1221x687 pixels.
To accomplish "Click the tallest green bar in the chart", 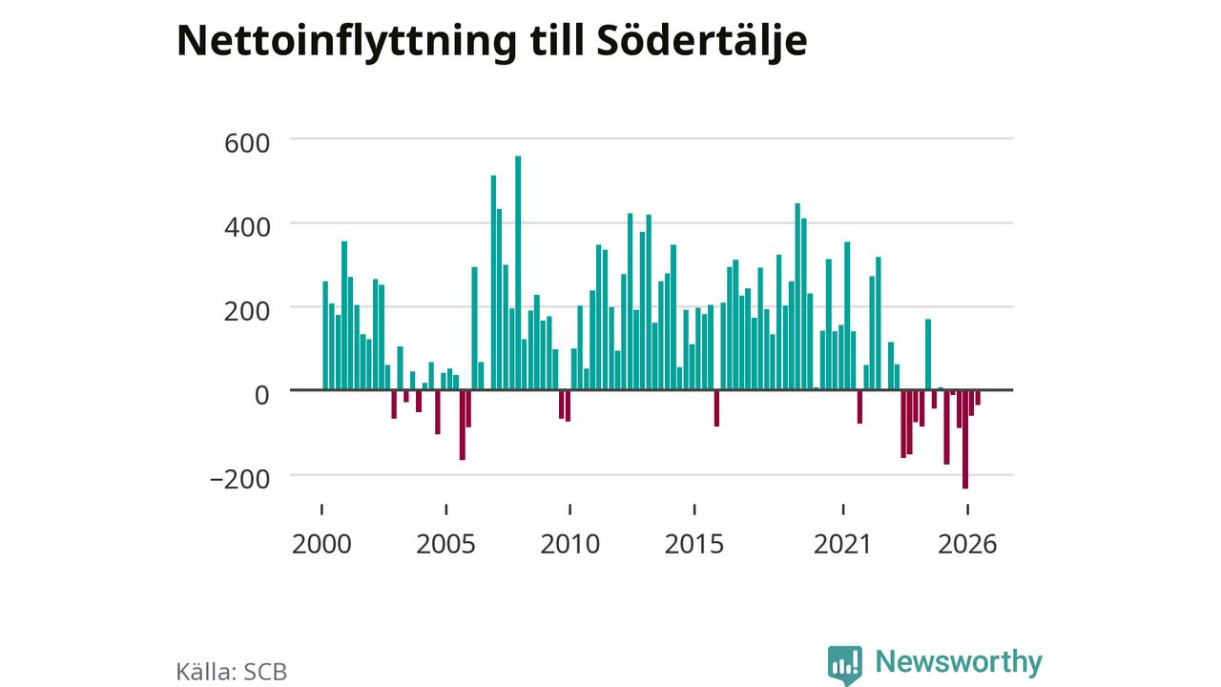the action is click(518, 273).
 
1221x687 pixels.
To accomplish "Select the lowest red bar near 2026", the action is click(964, 440).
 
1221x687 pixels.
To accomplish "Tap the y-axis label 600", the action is click(247, 143).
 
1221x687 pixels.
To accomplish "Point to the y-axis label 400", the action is click(247, 227).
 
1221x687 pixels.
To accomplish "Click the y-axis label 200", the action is click(247, 311).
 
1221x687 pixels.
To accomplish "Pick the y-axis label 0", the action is click(262, 395).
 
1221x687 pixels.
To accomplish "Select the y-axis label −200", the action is click(239, 480).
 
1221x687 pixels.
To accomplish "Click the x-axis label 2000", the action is click(321, 544).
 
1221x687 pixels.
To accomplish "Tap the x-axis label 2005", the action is click(445, 544).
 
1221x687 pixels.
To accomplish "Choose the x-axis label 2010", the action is click(570, 544).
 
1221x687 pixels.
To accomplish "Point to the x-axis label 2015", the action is click(694, 544).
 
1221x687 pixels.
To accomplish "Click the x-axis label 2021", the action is click(842, 544).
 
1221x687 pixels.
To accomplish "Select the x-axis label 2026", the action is click(967, 544).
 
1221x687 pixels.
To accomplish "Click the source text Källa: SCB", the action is click(232, 671).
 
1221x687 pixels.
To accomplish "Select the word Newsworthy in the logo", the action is click(959, 661).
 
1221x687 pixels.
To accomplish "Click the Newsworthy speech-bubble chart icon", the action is click(845, 665).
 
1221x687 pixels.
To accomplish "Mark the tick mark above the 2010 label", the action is click(570, 510).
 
